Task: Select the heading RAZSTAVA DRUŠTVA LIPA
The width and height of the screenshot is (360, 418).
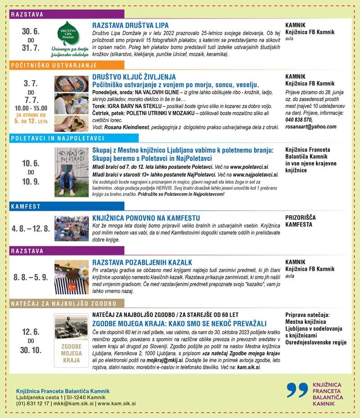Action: tap(130, 25)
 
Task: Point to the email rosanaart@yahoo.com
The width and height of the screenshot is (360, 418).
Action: tap(311, 127)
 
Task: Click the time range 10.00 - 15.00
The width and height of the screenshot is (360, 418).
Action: tap(30, 108)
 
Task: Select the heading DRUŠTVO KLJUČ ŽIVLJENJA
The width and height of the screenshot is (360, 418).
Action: tap(134, 77)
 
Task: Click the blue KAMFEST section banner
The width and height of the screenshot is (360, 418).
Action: tap(27, 206)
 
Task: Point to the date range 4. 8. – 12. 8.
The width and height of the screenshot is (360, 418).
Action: tap(30, 229)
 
